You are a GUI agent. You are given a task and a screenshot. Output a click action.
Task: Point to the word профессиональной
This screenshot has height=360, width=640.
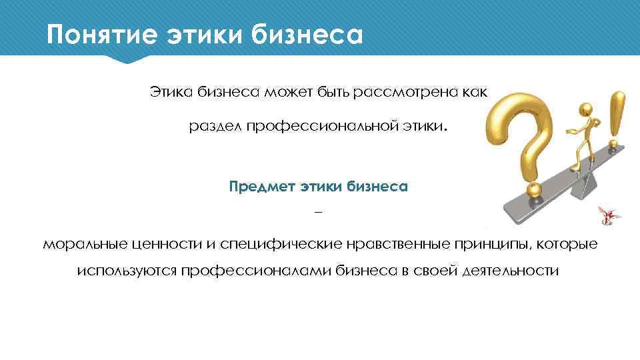[x=324, y=127]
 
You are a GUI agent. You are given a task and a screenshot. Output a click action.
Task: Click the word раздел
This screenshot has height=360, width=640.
[x=215, y=127]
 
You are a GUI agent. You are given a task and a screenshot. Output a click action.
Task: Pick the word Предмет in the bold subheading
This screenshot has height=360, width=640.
[x=261, y=187]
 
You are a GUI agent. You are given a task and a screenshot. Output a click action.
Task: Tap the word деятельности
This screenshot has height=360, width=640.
[x=509, y=272]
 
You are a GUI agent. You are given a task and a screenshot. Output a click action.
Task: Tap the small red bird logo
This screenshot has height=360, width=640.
[x=607, y=215]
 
